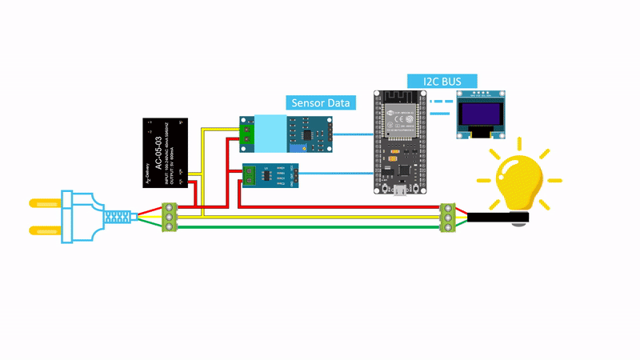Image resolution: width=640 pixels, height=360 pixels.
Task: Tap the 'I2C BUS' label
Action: tap(442, 81)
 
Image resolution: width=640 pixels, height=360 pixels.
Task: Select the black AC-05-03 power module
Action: tap(166, 153)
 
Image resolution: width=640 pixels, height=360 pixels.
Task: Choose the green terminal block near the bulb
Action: tap(450, 217)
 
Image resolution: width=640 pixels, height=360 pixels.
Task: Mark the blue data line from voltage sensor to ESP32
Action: tap(352, 134)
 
